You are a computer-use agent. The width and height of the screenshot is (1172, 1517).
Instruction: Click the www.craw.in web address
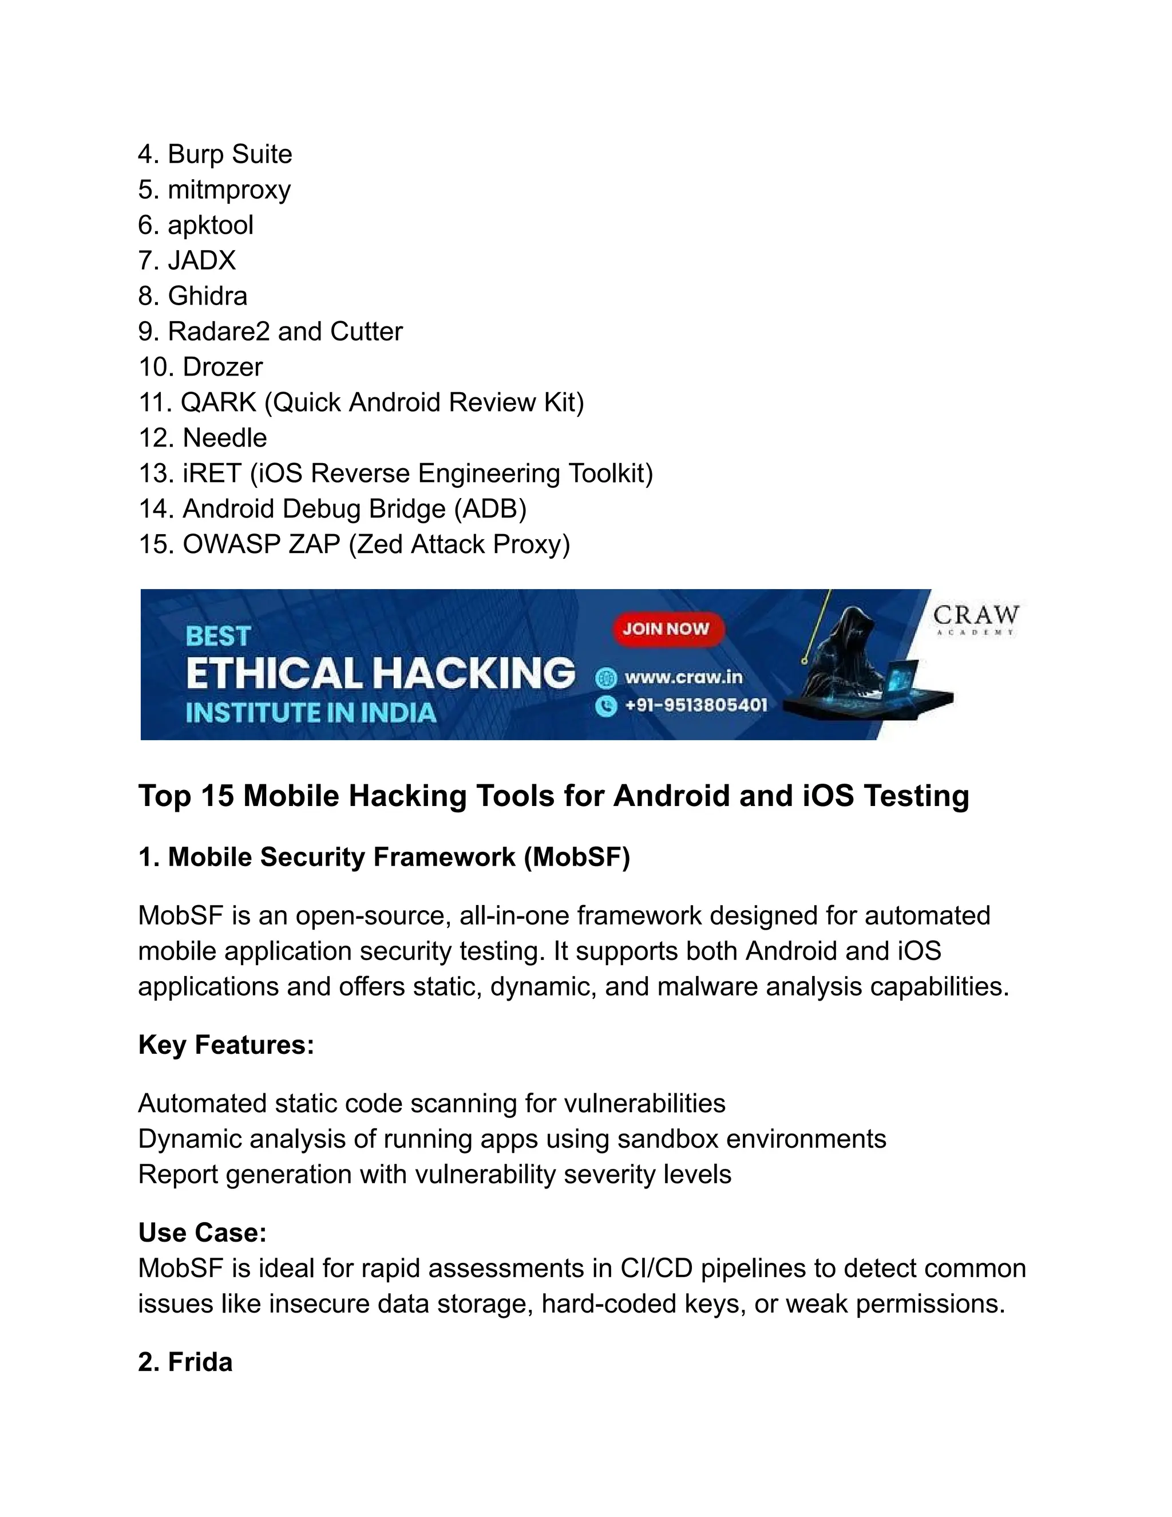pyautogui.click(x=683, y=677)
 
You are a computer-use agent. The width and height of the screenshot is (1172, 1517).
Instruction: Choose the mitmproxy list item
pyautogui.click(x=229, y=189)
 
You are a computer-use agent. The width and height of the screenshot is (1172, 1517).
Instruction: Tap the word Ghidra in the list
pyautogui.click(x=208, y=296)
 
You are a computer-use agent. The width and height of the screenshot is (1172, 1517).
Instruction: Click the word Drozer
pyautogui.click(x=223, y=367)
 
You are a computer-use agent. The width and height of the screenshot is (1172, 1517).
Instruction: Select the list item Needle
pyautogui.click(x=224, y=437)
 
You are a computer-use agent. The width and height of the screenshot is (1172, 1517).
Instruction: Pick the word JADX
pyautogui.click(x=202, y=260)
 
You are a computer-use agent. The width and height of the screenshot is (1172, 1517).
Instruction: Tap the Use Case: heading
pyautogui.click(x=203, y=1232)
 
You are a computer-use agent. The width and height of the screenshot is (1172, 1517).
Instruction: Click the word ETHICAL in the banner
pyautogui.click(x=274, y=673)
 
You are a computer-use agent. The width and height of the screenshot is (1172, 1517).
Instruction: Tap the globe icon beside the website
pyautogui.click(x=606, y=677)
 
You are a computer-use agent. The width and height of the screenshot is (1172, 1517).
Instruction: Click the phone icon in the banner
pyautogui.click(x=606, y=706)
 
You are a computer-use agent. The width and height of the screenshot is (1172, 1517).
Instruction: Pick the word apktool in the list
pyautogui.click(x=211, y=225)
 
